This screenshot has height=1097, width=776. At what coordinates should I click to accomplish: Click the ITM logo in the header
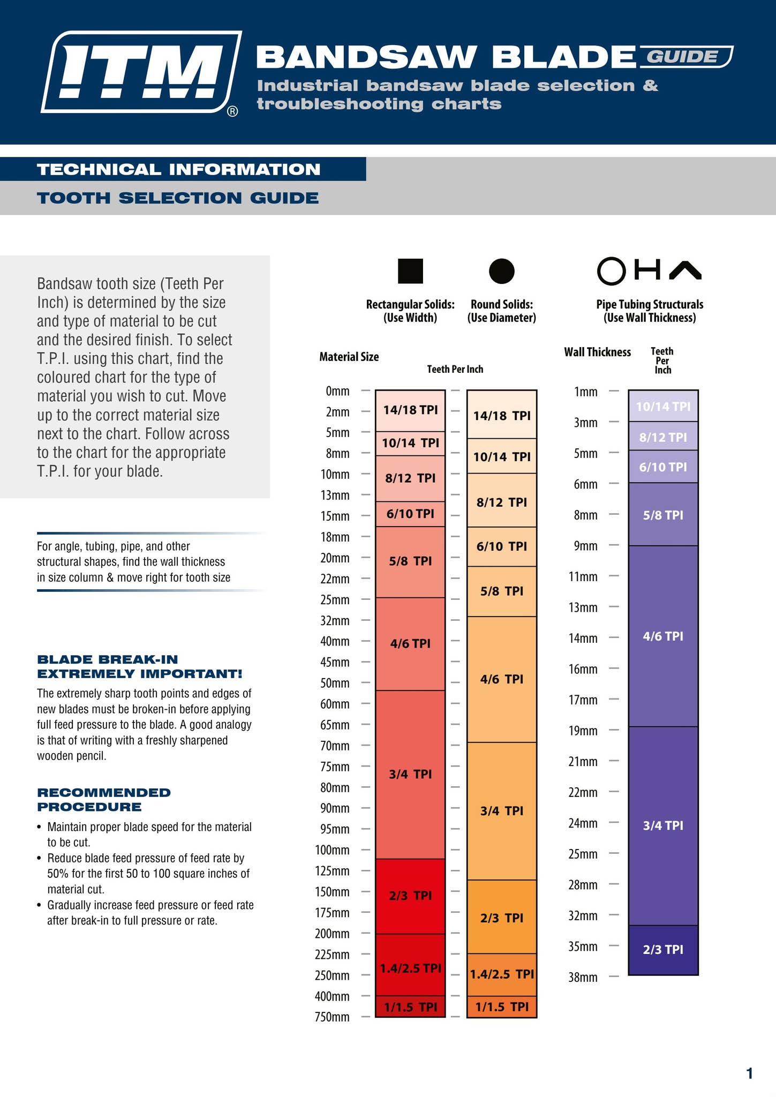tap(140, 72)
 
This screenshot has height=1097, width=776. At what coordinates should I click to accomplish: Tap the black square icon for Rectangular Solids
tap(410, 271)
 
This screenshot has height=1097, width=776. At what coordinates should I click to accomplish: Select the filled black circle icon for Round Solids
tap(502, 271)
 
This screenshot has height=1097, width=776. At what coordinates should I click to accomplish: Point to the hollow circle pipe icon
tap(611, 271)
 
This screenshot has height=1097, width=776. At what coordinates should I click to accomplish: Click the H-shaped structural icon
tap(647, 269)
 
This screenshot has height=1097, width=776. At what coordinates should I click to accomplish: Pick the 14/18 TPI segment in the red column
tap(410, 410)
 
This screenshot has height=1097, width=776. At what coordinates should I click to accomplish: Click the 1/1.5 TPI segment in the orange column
tap(502, 1006)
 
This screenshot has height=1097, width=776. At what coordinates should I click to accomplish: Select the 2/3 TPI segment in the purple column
tap(663, 950)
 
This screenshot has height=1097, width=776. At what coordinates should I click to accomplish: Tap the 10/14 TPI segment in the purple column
tap(663, 406)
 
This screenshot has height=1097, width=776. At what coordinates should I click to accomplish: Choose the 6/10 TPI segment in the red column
tap(410, 514)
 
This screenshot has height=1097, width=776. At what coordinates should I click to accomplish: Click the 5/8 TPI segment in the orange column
tap(502, 591)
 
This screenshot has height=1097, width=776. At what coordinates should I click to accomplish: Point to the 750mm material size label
tap(332, 1017)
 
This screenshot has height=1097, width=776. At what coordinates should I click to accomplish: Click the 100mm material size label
tap(332, 850)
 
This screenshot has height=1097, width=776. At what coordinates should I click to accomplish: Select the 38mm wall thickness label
tap(583, 978)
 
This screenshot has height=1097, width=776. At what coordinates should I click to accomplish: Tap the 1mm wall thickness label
tap(586, 392)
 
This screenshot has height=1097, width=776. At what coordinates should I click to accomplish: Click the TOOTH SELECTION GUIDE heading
tap(178, 198)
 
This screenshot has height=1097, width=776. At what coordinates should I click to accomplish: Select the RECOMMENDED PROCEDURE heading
tap(104, 800)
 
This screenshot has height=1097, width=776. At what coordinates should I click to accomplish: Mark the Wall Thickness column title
tap(597, 352)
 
